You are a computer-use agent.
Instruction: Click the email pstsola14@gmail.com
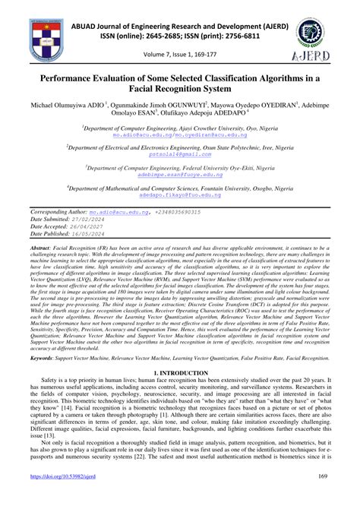[x=179, y=153]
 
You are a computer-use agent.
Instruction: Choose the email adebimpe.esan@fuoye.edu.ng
[x=179, y=174]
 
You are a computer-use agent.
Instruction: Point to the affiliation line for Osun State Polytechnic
[x=179, y=146]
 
